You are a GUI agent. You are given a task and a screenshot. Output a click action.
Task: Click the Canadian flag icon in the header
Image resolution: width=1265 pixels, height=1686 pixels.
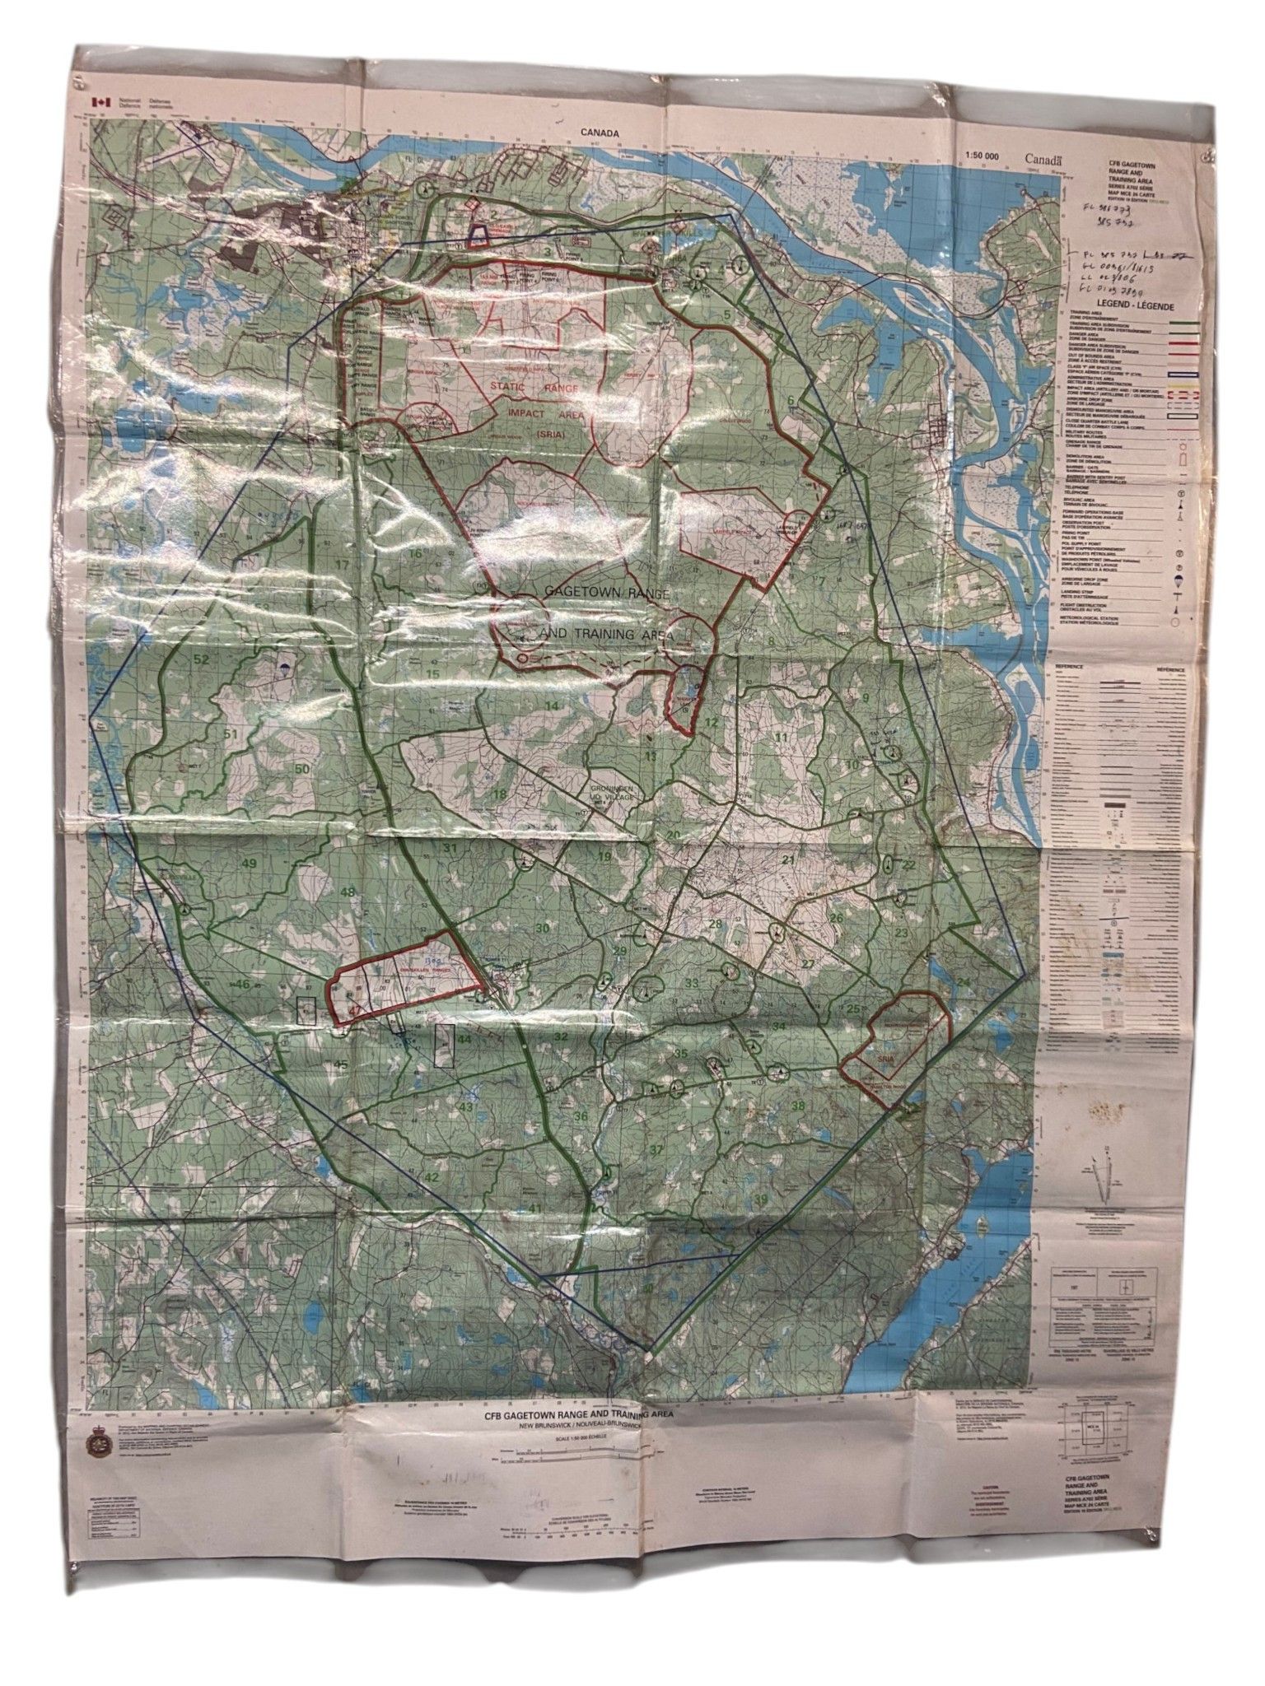coord(101,102)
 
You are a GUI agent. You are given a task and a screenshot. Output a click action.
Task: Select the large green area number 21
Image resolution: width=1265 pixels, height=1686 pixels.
coord(788,860)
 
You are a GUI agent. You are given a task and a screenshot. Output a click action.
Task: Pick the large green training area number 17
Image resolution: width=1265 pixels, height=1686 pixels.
coord(342,566)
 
